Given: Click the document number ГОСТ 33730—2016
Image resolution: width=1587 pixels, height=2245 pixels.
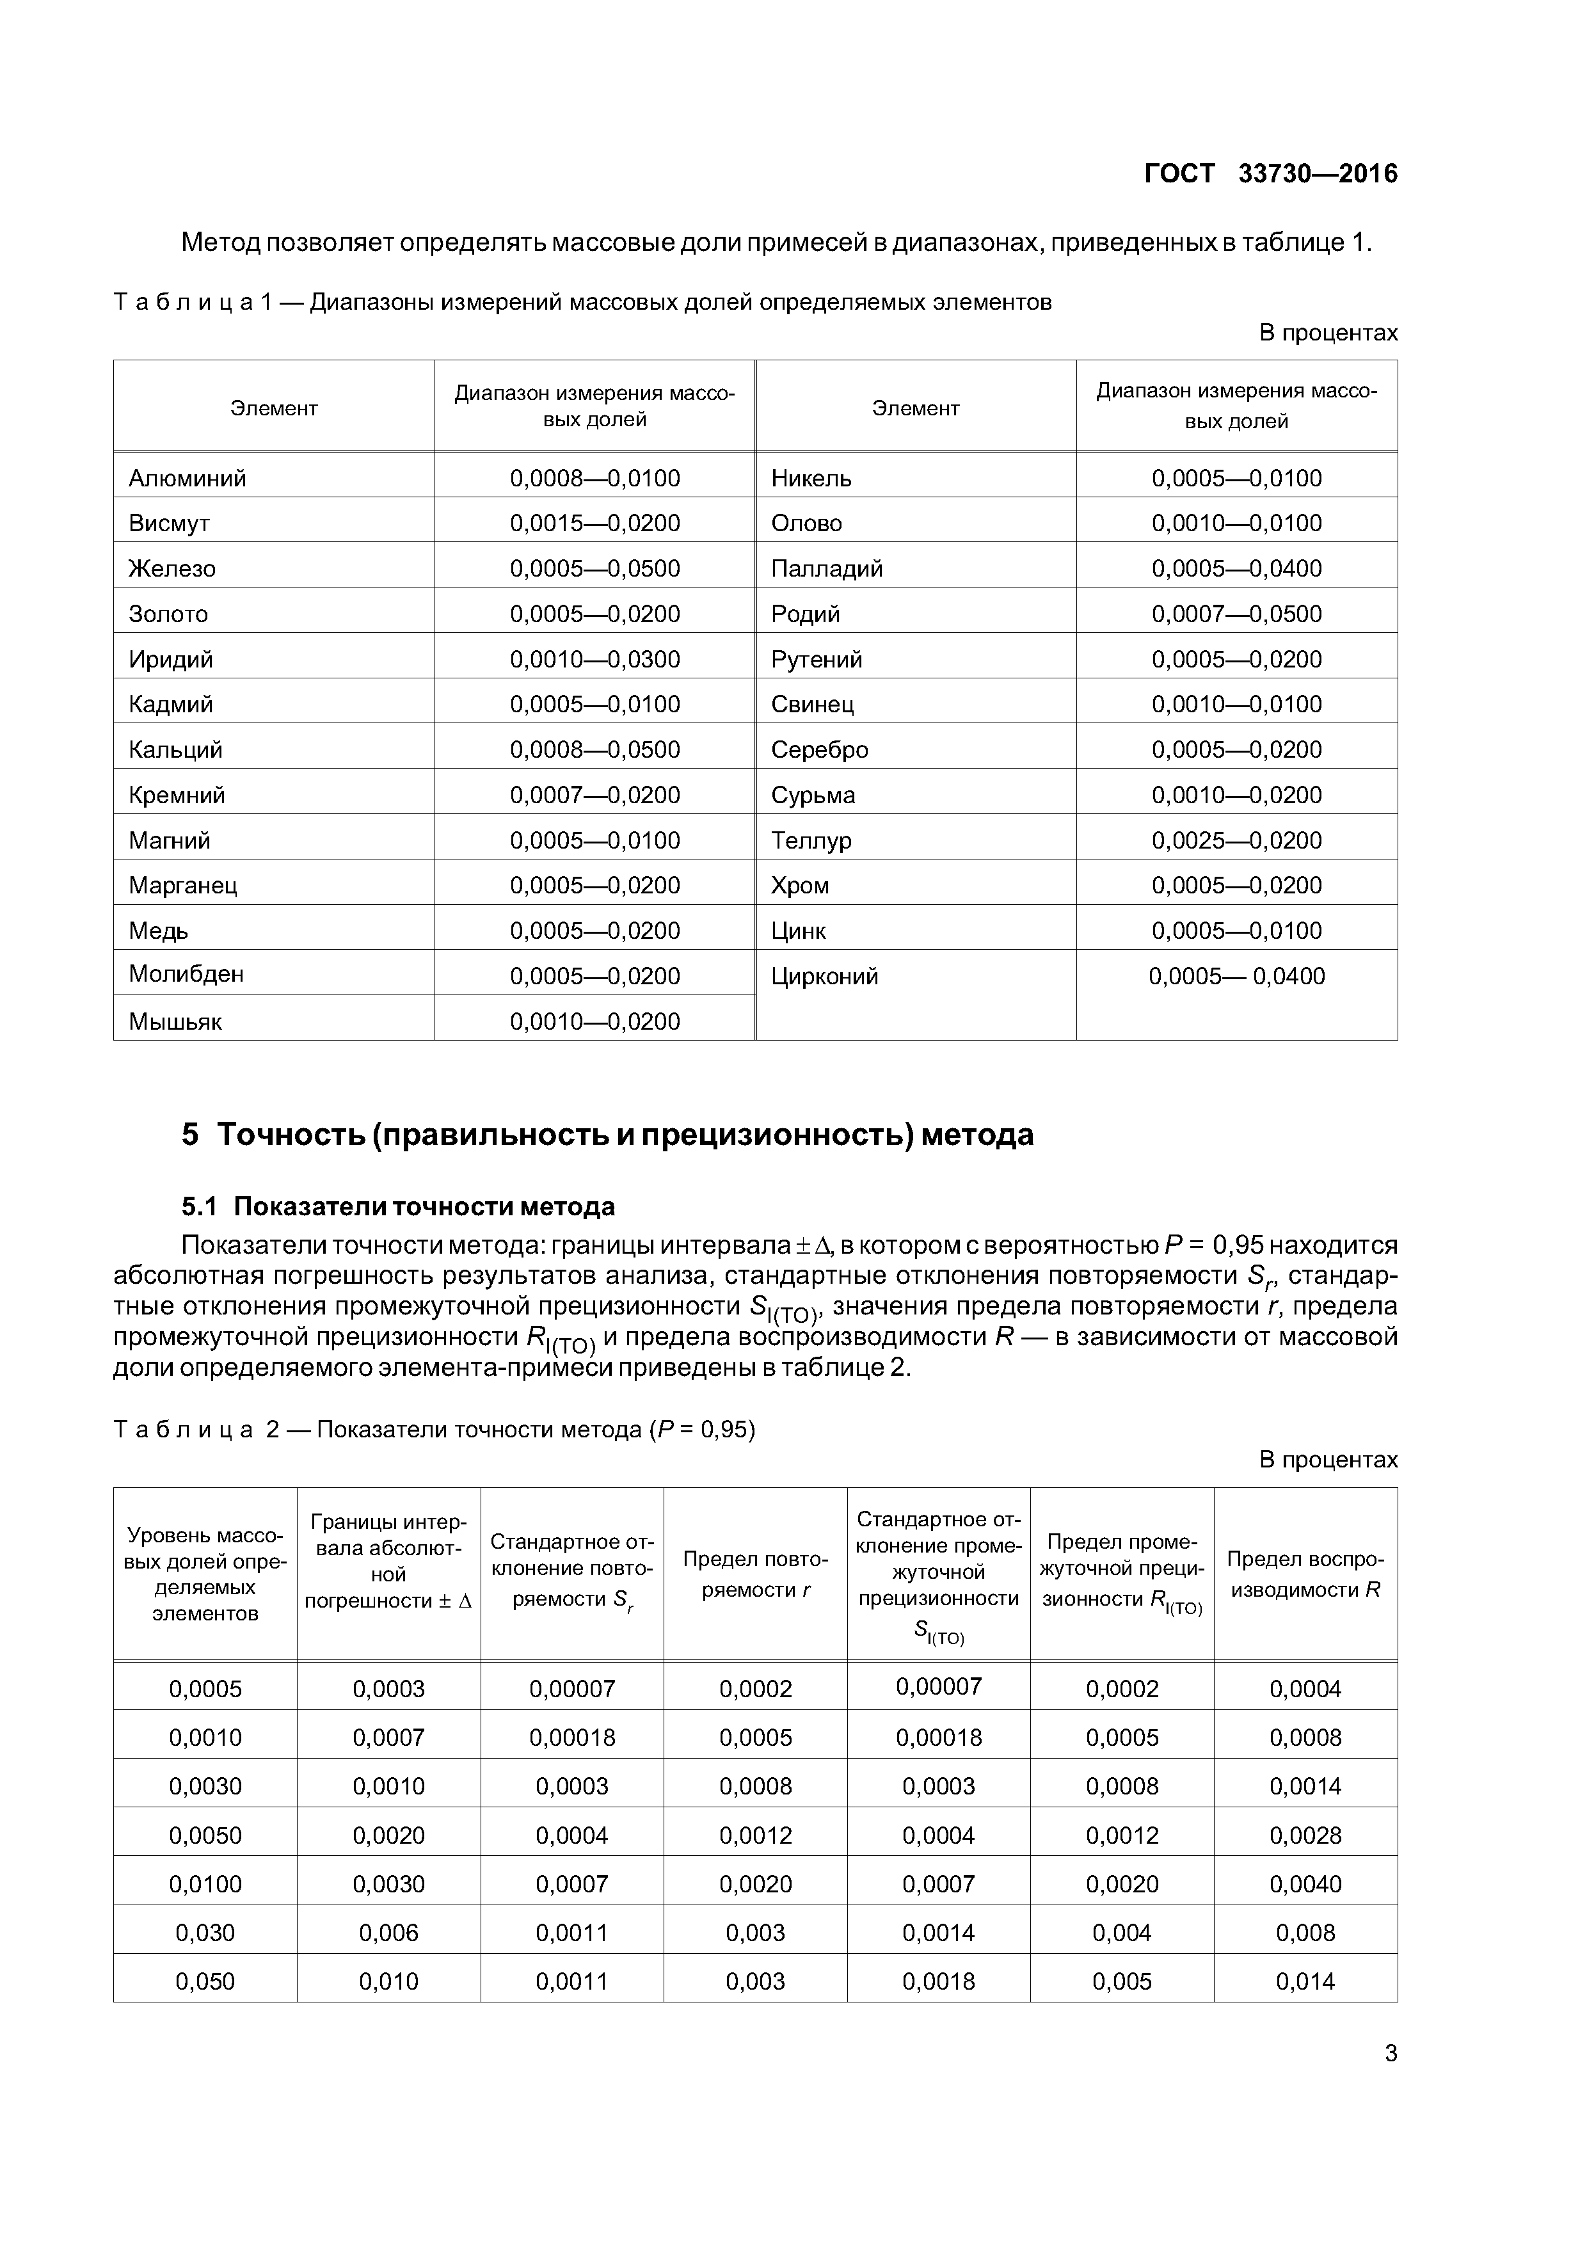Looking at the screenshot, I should tap(1270, 174).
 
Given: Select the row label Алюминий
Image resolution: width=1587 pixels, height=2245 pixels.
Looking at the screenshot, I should tap(187, 478).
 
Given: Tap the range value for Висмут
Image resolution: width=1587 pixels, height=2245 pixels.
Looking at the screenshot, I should tap(594, 523).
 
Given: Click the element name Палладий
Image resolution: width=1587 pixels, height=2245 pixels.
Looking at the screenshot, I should tap(826, 568).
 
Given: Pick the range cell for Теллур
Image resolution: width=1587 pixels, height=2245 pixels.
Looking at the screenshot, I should tap(1236, 840).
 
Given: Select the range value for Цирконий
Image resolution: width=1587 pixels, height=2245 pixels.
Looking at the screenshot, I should tap(1236, 976).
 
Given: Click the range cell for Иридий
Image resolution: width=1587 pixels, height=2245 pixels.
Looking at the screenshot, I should tap(594, 659).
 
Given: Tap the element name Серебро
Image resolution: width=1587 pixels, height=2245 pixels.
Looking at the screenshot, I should tap(819, 750).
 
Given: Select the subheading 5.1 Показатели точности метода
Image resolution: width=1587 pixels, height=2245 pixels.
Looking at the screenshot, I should tap(398, 1206).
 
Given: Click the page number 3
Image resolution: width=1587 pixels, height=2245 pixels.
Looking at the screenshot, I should tap(1391, 2054).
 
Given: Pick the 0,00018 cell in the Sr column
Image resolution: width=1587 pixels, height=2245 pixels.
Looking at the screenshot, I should tap(572, 1738).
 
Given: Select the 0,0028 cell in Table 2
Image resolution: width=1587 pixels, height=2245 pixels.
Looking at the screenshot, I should tap(1305, 1835).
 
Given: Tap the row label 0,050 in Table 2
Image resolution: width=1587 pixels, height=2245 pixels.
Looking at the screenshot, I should tap(205, 1982).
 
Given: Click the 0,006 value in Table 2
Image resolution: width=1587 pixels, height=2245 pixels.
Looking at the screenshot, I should tap(388, 1933).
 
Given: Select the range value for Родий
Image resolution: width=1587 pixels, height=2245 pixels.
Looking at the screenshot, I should tap(1236, 614).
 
